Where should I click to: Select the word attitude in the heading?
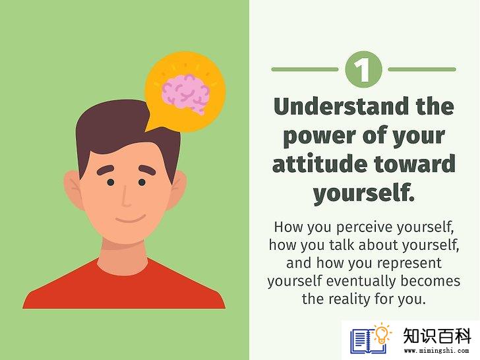pyautogui.click(x=320, y=164)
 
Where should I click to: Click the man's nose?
pyautogui.click(x=125, y=196)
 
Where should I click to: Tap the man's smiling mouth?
pyautogui.click(x=131, y=219)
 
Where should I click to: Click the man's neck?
pyautogui.click(x=123, y=256)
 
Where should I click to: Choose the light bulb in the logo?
pyautogui.click(x=381, y=334)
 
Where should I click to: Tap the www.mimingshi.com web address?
pyautogui.click(x=436, y=351)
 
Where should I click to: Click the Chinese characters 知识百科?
pyautogui.click(x=437, y=336)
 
